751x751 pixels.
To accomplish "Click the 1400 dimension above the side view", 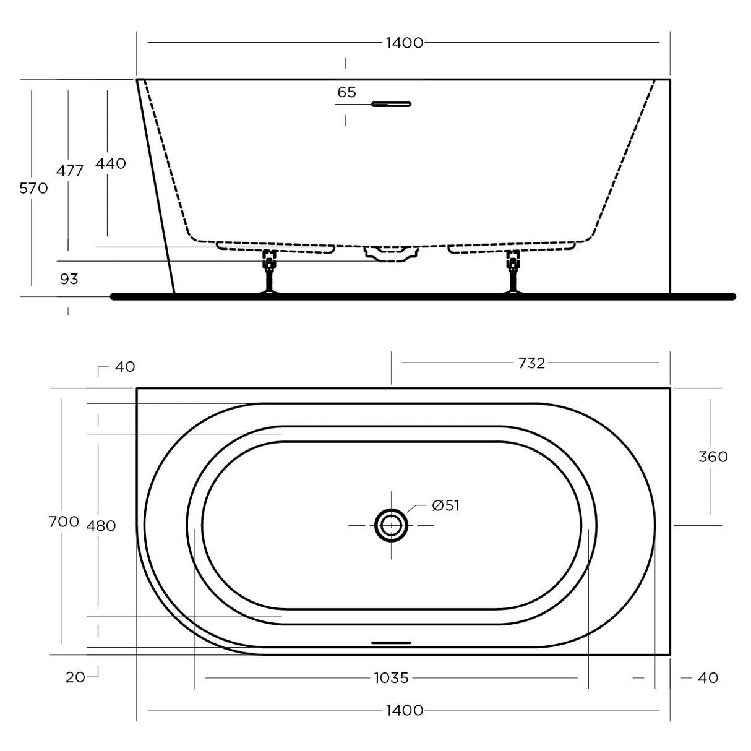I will pyautogui.click(x=404, y=43).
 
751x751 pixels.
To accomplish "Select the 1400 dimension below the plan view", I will pyautogui.click(x=404, y=710).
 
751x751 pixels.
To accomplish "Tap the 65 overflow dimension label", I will pyautogui.click(x=346, y=92).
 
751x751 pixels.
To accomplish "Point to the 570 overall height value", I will pyautogui.click(x=33, y=188).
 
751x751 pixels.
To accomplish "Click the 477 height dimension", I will pyautogui.click(x=70, y=171).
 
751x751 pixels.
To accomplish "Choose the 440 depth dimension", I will pyautogui.click(x=111, y=163).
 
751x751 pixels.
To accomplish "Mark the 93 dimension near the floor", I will pyautogui.click(x=69, y=279).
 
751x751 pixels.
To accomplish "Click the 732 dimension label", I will pyautogui.click(x=531, y=363).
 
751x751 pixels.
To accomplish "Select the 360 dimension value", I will pyautogui.click(x=713, y=457).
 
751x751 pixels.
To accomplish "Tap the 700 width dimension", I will pyautogui.click(x=64, y=521).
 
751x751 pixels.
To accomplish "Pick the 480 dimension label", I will pyautogui.click(x=101, y=526).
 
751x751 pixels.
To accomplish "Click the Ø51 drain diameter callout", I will pyautogui.click(x=445, y=506).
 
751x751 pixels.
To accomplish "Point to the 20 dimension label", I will pyautogui.click(x=75, y=677).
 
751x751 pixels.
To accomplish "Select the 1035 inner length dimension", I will pyautogui.click(x=391, y=678).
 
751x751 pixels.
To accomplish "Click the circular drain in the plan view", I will pyautogui.click(x=391, y=525).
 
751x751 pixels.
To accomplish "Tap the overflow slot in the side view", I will pyautogui.click(x=391, y=104).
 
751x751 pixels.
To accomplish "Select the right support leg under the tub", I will pyautogui.click(x=512, y=272).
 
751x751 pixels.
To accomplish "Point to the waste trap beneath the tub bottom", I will pyautogui.click(x=391, y=253).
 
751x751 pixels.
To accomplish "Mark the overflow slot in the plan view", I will pyautogui.click(x=391, y=643).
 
